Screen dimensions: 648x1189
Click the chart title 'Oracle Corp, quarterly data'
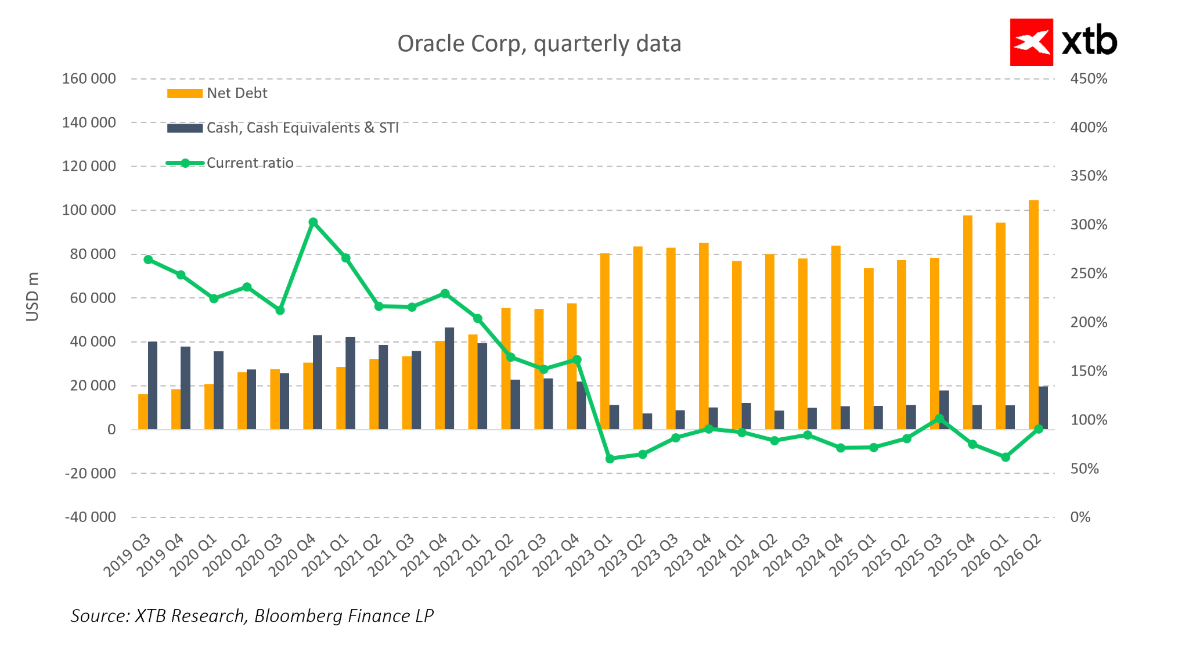point(539,44)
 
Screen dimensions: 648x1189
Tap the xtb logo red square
point(1031,42)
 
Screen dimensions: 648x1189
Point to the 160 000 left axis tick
point(89,78)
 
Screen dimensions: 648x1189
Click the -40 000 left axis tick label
point(90,517)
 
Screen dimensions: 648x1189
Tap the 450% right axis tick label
point(1089,78)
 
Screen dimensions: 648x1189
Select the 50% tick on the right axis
point(1084,469)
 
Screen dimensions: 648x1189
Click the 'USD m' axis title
point(33,297)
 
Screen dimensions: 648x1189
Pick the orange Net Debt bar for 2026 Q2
point(1033,315)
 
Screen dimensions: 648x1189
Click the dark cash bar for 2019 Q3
point(153,386)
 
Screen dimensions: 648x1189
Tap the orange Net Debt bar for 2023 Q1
point(605,341)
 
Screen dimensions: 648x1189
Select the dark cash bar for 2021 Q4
point(449,379)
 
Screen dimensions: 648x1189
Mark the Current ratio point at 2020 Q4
point(313,222)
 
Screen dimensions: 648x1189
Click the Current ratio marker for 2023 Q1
point(610,459)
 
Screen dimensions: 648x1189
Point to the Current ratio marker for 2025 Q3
point(939,418)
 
